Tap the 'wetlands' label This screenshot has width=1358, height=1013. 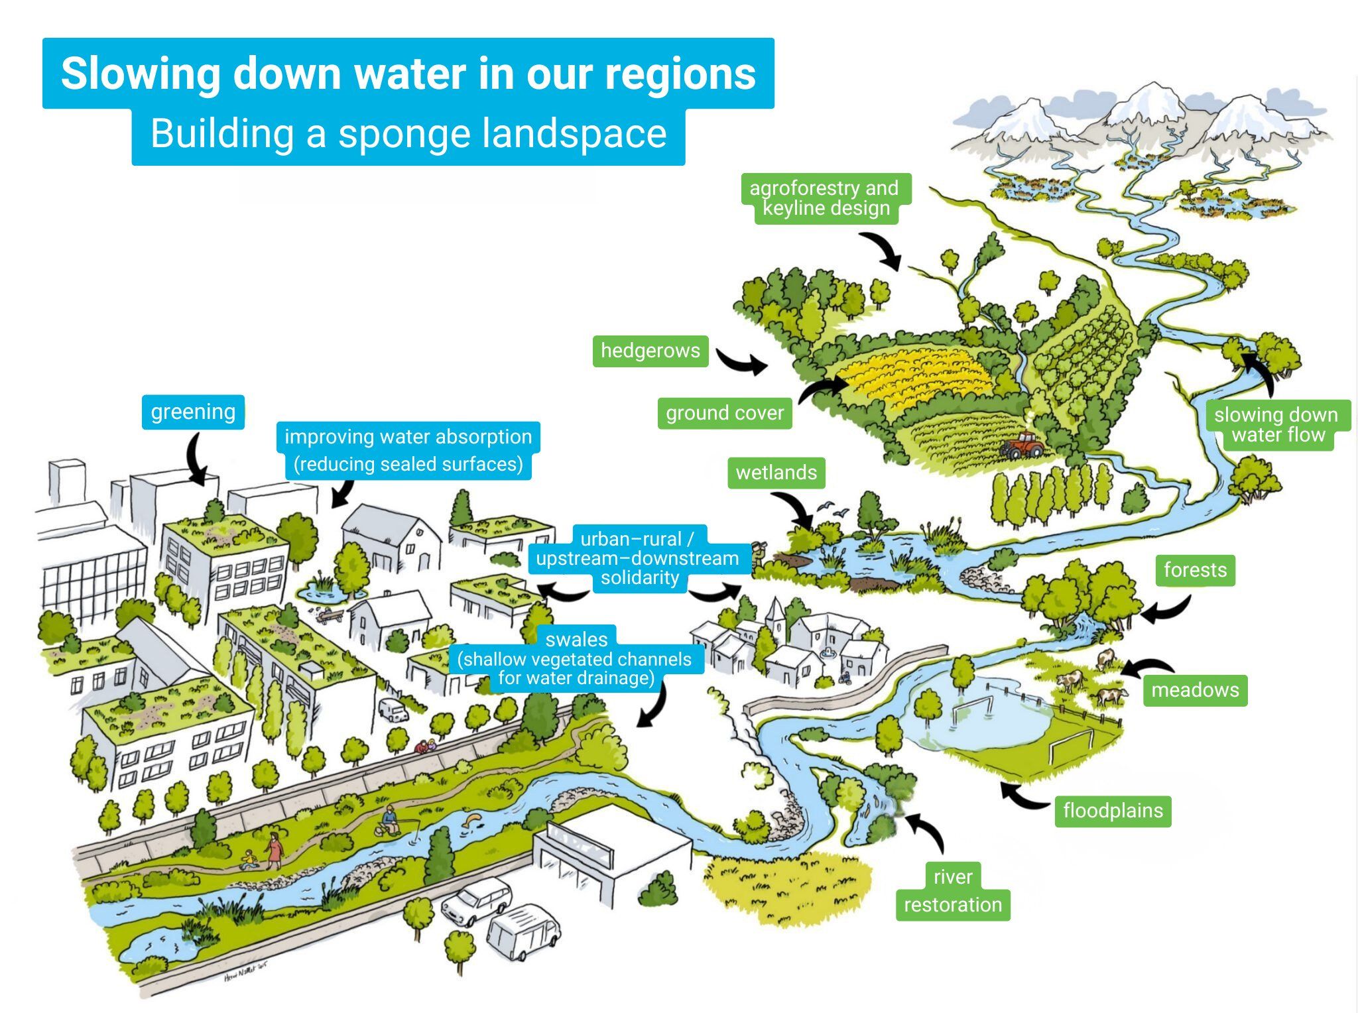click(776, 473)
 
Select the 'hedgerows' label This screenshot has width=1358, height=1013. click(650, 351)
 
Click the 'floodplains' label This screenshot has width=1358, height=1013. click(1113, 811)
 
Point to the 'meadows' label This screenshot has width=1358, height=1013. click(1195, 690)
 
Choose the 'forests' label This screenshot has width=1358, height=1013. click(1195, 570)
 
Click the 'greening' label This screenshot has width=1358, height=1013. click(193, 412)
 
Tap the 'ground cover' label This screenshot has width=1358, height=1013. click(725, 413)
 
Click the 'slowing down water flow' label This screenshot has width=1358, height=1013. click(1276, 425)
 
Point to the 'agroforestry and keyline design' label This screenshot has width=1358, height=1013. click(825, 198)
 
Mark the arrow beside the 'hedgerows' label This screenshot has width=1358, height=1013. click(742, 362)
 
